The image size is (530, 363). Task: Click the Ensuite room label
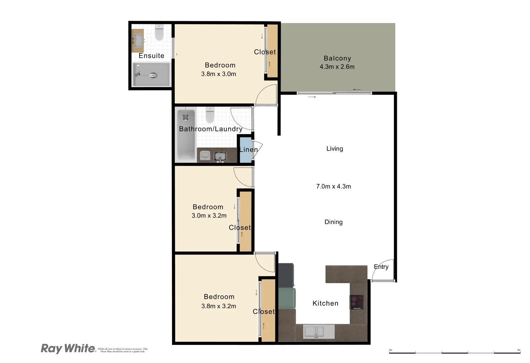[x=151, y=56]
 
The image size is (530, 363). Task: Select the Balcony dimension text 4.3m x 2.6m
[x=337, y=67]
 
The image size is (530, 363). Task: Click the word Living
[x=334, y=149]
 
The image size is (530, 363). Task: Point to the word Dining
[x=333, y=222]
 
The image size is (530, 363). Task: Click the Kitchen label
[x=325, y=303]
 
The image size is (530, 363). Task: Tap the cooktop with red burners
[x=357, y=302]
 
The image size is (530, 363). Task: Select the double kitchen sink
[x=314, y=332]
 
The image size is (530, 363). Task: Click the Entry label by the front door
[x=381, y=267]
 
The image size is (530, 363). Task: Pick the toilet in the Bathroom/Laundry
[x=210, y=115]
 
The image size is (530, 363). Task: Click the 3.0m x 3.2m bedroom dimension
[x=209, y=216]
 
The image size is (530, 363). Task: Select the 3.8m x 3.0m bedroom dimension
[x=218, y=74]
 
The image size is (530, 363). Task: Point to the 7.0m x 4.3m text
[x=333, y=187]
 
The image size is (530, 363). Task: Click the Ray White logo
[x=68, y=348]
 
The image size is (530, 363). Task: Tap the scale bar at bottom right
[x=454, y=352]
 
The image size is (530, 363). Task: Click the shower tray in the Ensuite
[x=151, y=74]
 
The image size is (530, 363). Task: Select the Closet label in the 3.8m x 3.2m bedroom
[x=263, y=312]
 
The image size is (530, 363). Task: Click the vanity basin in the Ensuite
[x=138, y=41]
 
